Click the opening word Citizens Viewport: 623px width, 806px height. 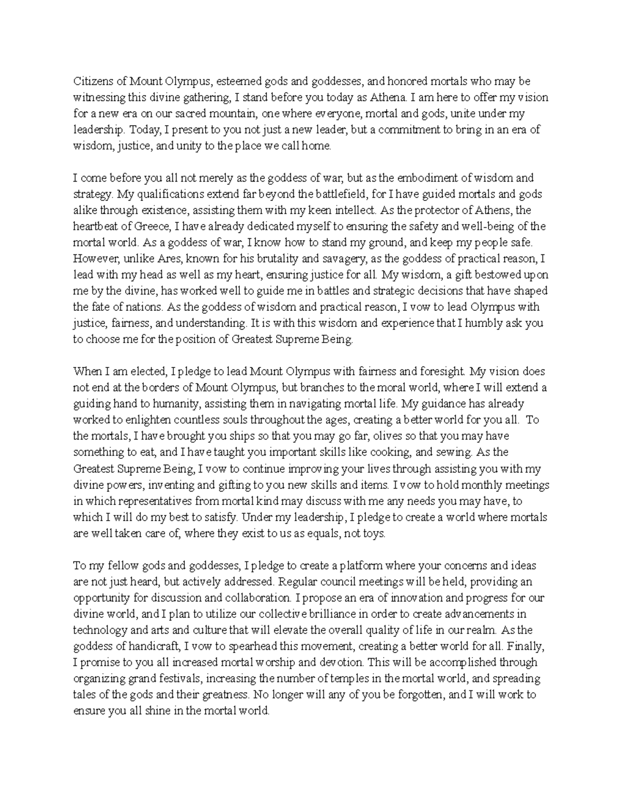(x=91, y=81)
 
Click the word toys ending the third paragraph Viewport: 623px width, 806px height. (x=375, y=533)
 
